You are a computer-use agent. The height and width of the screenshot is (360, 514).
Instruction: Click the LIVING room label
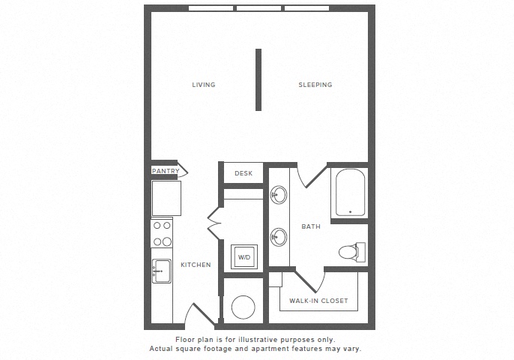click(204, 85)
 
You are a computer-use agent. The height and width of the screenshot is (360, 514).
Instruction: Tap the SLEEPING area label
click(315, 85)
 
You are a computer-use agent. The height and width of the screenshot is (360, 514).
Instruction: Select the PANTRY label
click(166, 171)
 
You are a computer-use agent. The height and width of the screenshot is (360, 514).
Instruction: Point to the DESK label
click(244, 173)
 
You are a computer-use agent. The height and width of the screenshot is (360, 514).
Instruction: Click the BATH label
click(311, 226)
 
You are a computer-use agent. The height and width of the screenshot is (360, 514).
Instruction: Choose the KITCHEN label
click(196, 265)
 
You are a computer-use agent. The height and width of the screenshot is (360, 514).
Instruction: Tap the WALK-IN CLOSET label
click(318, 301)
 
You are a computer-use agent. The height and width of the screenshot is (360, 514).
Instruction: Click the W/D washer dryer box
click(244, 257)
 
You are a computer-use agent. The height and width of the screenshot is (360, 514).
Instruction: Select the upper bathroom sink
click(279, 194)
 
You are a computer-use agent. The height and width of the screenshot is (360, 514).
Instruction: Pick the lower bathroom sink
click(279, 236)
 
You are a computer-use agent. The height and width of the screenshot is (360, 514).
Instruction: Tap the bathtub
click(350, 192)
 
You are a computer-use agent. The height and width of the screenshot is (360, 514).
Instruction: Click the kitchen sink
click(162, 271)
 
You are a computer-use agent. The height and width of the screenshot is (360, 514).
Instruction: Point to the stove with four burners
click(162, 234)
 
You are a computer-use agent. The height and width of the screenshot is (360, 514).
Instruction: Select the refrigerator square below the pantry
click(166, 198)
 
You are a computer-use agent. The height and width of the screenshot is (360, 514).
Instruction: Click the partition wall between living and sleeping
click(258, 79)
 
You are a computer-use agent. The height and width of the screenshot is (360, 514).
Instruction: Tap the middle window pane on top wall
click(259, 8)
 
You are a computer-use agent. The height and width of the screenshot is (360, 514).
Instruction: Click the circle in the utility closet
click(244, 307)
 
